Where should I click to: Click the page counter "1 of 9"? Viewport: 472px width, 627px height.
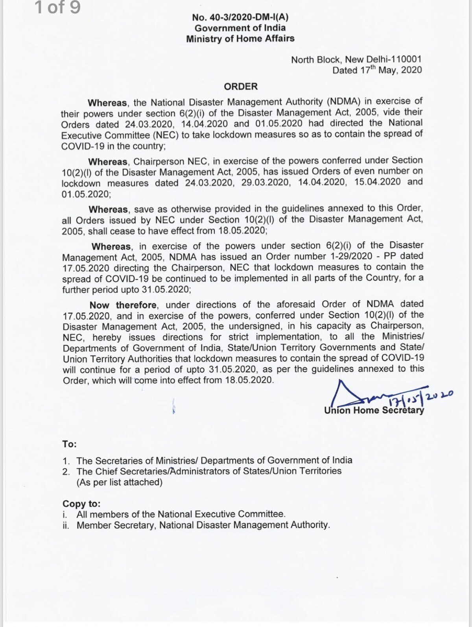(x=58, y=8)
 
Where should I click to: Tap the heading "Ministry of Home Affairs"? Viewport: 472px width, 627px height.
(x=240, y=39)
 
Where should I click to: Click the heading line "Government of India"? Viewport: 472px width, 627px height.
(x=240, y=28)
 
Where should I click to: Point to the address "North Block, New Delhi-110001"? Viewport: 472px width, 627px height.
(x=356, y=59)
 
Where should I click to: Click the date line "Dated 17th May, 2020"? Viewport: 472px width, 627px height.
(x=377, y=70)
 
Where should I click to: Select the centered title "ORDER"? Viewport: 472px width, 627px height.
(x=241, y=86)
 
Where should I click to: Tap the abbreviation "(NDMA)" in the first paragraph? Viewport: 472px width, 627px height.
(x=341, y=102)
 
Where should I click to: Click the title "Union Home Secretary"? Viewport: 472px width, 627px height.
(x=374, y=410)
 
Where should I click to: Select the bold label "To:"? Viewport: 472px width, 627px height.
(x=69, y=444)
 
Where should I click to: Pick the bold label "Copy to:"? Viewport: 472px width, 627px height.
(x=81, y=504)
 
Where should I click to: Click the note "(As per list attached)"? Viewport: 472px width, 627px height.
(x=119, y=482)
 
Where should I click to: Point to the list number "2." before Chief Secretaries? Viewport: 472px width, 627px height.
(x=66, y=472)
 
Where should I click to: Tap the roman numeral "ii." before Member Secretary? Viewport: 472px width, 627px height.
(x=66, y=525)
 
